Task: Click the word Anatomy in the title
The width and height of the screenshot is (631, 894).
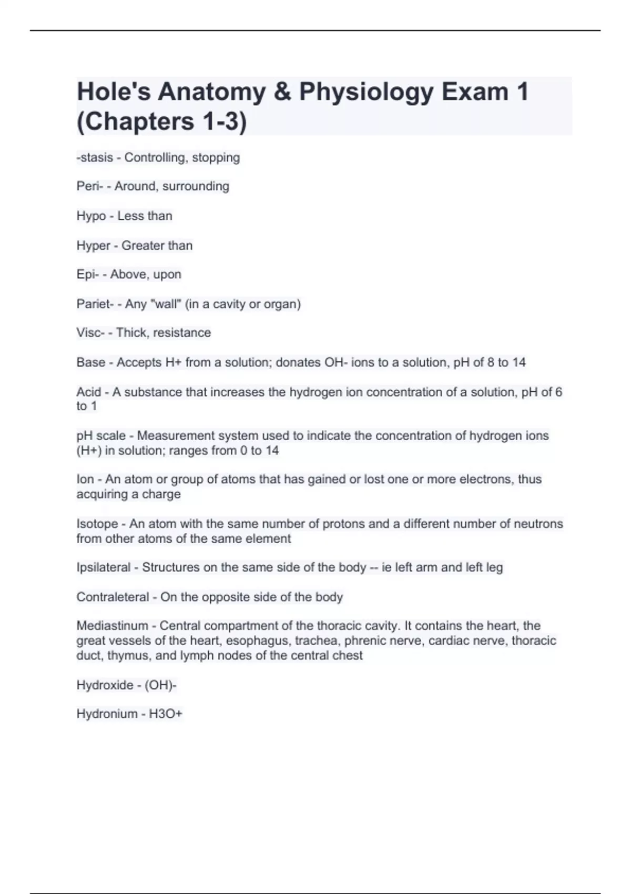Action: point(211,92)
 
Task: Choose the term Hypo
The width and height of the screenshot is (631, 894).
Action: point(90,216)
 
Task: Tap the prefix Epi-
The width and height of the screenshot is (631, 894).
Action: point(87,275)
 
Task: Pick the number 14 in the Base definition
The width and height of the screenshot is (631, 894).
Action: point(518,362)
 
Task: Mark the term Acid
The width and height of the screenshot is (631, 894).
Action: point(89,392)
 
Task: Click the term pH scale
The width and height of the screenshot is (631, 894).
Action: point(101,436)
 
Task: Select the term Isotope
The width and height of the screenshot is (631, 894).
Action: point(97,524)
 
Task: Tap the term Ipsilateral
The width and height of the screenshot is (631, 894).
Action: point(104,567)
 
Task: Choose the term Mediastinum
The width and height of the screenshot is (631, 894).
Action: point(112,626)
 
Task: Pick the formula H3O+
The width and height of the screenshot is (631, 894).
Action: point(166,714)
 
